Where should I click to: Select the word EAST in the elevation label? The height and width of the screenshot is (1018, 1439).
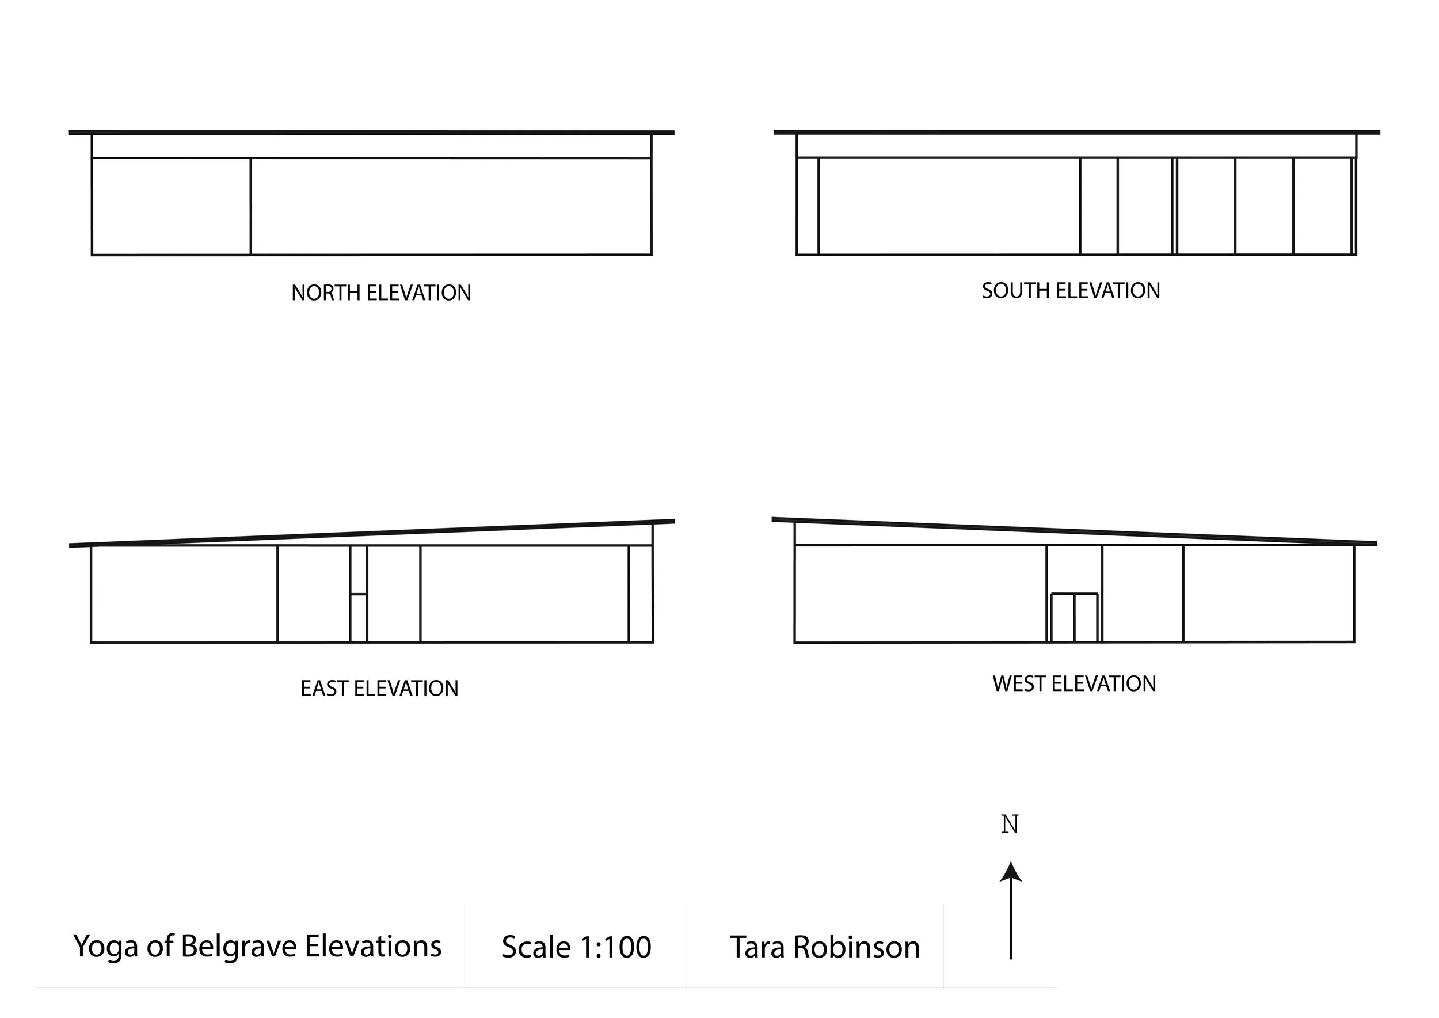(x=324, y=689)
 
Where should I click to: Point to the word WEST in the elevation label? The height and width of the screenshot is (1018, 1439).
(x=1019, y=684)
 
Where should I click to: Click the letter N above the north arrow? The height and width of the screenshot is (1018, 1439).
(x=1010, y=825)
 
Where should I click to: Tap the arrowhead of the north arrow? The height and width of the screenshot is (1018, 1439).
(x=1010, y=872)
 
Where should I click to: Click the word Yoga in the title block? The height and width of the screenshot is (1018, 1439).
(x=105, y=947)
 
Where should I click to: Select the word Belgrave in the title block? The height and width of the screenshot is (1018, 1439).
(x=239, y=946)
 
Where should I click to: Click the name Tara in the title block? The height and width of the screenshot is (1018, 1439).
(x=757, y=947)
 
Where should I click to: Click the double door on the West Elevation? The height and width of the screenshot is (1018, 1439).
(x=1074, y=618)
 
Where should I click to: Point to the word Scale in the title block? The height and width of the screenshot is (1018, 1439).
(x=536, y=947)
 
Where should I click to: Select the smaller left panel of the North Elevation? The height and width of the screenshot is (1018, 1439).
(x=171, y=206)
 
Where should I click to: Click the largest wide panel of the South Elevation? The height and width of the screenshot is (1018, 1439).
(x=949, y=206)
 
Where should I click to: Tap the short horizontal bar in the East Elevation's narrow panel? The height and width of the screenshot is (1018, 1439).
(x=359, y=594)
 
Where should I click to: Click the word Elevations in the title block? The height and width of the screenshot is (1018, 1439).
(x=373, y=946)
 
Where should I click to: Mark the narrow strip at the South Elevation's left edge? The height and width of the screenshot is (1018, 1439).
(x=807, y=206)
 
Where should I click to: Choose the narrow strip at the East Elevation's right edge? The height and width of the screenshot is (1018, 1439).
(x=641, y=594)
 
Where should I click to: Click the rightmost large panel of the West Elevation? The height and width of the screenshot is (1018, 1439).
(x=1269, y=594)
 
